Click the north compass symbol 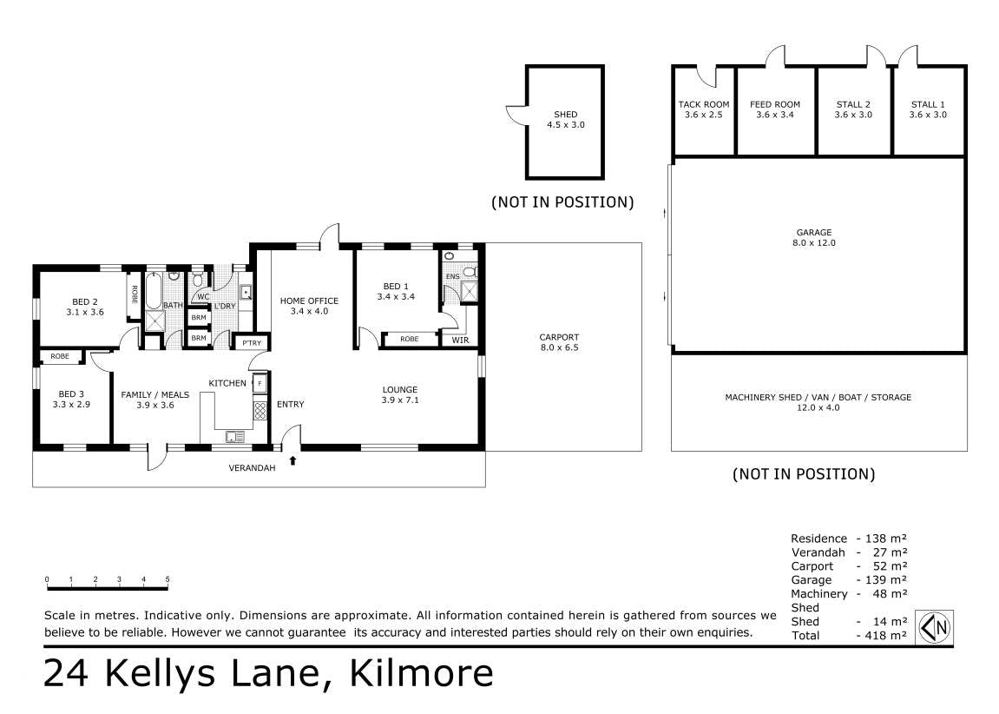935,627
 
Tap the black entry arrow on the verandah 293,460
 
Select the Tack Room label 704,104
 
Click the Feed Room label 775,104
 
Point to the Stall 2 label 853,104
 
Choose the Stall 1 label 928,104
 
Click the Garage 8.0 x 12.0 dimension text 814,243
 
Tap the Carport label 559,337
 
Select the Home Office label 309,301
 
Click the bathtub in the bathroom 154,291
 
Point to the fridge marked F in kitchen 260,383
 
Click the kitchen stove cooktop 260,411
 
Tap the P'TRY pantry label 252,343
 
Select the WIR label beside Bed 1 460,340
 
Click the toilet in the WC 198,280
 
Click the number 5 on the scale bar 168,579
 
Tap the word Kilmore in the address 422,673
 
